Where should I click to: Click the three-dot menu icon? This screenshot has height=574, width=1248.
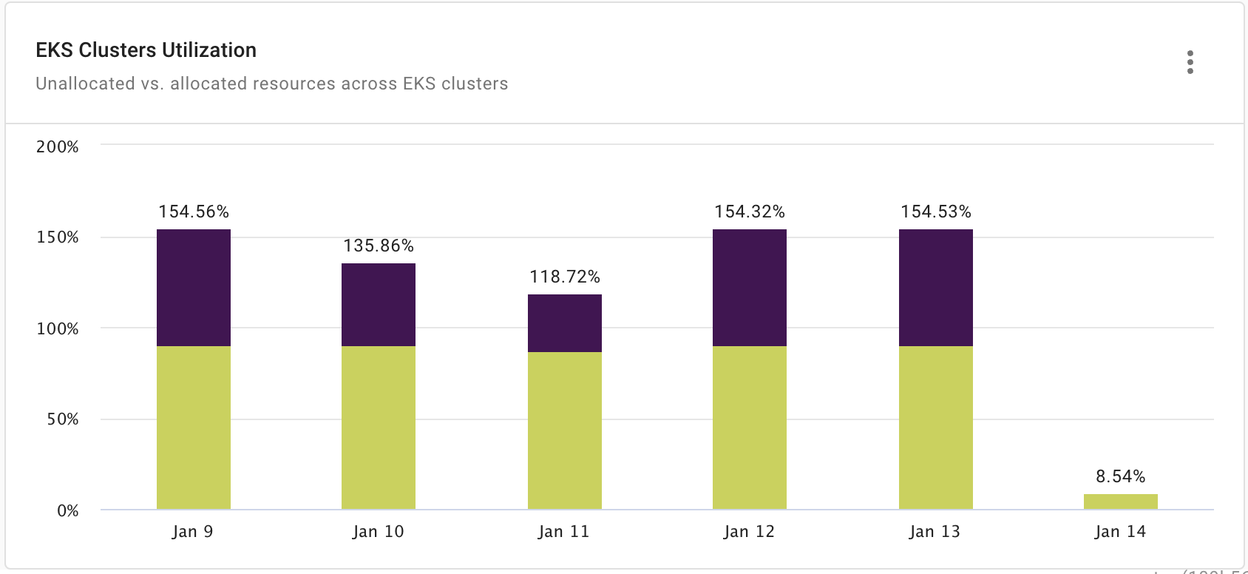1190,63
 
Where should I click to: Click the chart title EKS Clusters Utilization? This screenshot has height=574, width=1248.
146,50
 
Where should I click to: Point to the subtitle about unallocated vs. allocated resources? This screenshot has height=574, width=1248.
271,84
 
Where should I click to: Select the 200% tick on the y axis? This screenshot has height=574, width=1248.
57,146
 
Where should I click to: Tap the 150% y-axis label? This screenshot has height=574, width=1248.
57,237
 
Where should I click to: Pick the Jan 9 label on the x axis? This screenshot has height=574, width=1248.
192,531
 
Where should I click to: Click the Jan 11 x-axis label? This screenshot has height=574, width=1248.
564,531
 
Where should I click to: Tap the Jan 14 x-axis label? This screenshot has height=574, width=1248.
1121,531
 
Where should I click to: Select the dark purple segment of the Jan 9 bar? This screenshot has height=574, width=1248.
194,288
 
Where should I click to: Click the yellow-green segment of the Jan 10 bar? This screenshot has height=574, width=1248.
379,428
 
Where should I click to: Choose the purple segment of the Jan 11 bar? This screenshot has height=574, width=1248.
565,323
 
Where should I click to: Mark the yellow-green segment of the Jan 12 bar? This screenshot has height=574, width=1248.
750,428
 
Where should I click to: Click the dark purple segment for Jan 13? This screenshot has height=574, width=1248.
936,288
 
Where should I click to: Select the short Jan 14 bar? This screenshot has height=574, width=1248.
1121,502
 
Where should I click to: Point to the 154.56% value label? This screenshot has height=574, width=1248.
194,212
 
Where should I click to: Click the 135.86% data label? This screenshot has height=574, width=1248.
379,246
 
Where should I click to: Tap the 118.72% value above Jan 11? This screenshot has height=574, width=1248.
565,277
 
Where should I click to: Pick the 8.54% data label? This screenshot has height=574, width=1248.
1121,476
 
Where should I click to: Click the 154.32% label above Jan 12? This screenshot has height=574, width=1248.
750,212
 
